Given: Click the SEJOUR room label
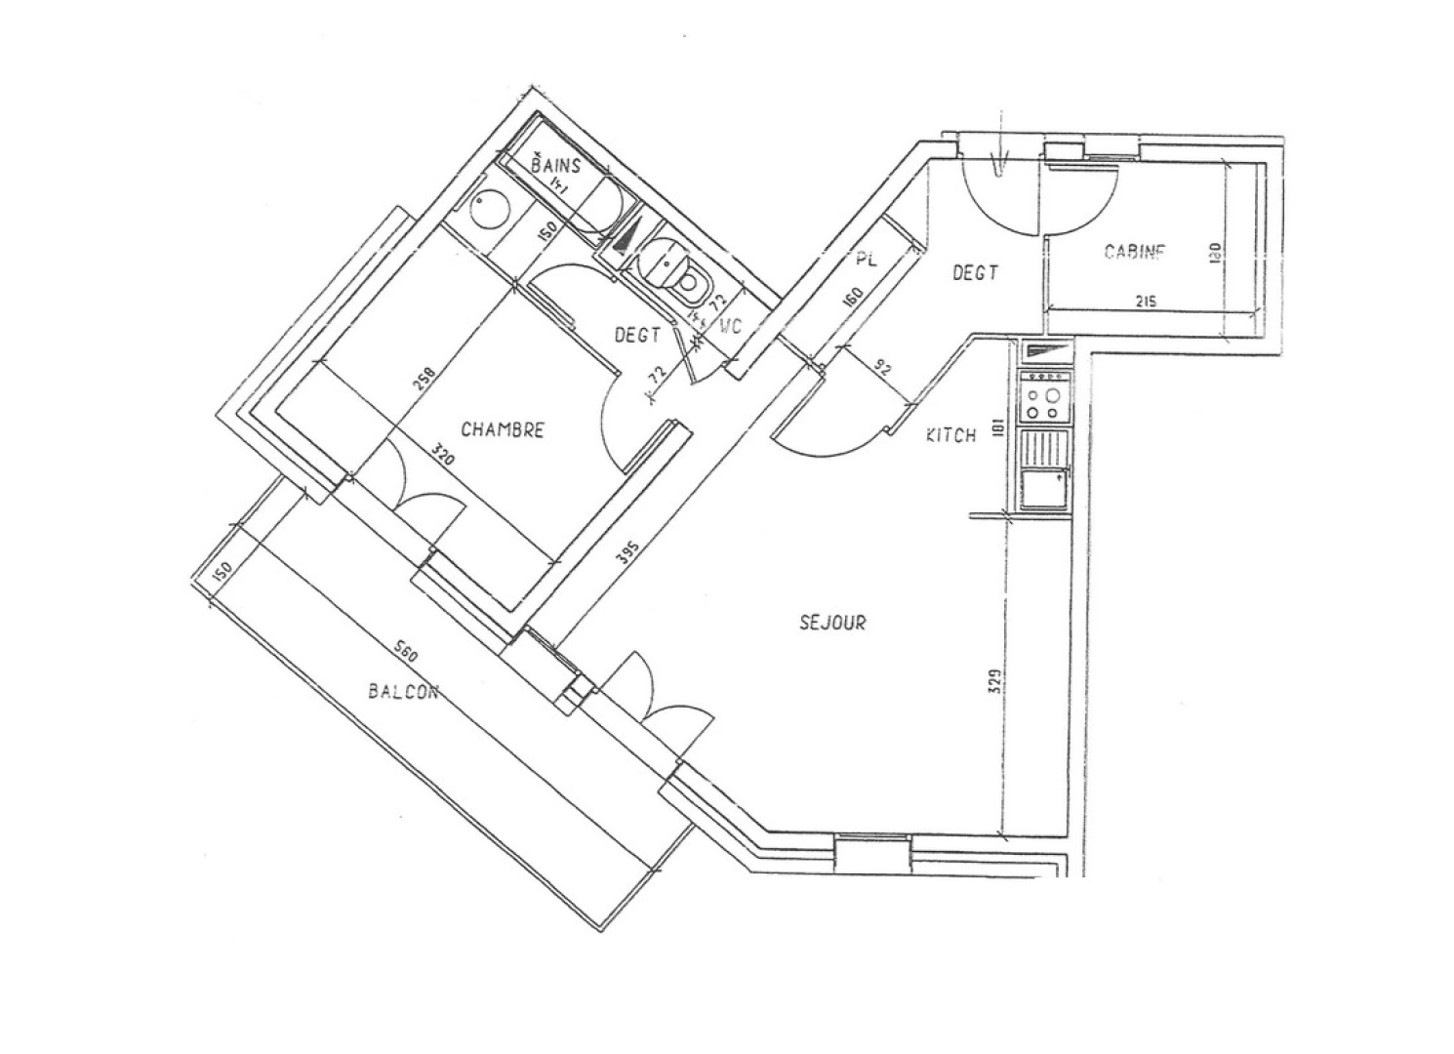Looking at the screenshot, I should click(x=832, y=622).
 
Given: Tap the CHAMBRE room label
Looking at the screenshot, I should click(x=503, y=429).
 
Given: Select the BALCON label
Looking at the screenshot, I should click(x=403, y=692).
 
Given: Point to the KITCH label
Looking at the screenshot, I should click(x=950, y=435).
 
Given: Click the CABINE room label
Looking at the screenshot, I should click(x=1135, y=252).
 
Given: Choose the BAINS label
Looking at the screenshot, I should click(x=555, y=165).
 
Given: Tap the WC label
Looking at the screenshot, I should click(x=732, y=328).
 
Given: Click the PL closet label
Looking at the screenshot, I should click(x=866, y=261).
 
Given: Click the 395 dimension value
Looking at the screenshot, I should click(x=629, y=554).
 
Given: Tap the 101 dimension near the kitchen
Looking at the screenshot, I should click(x=996, y=429).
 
